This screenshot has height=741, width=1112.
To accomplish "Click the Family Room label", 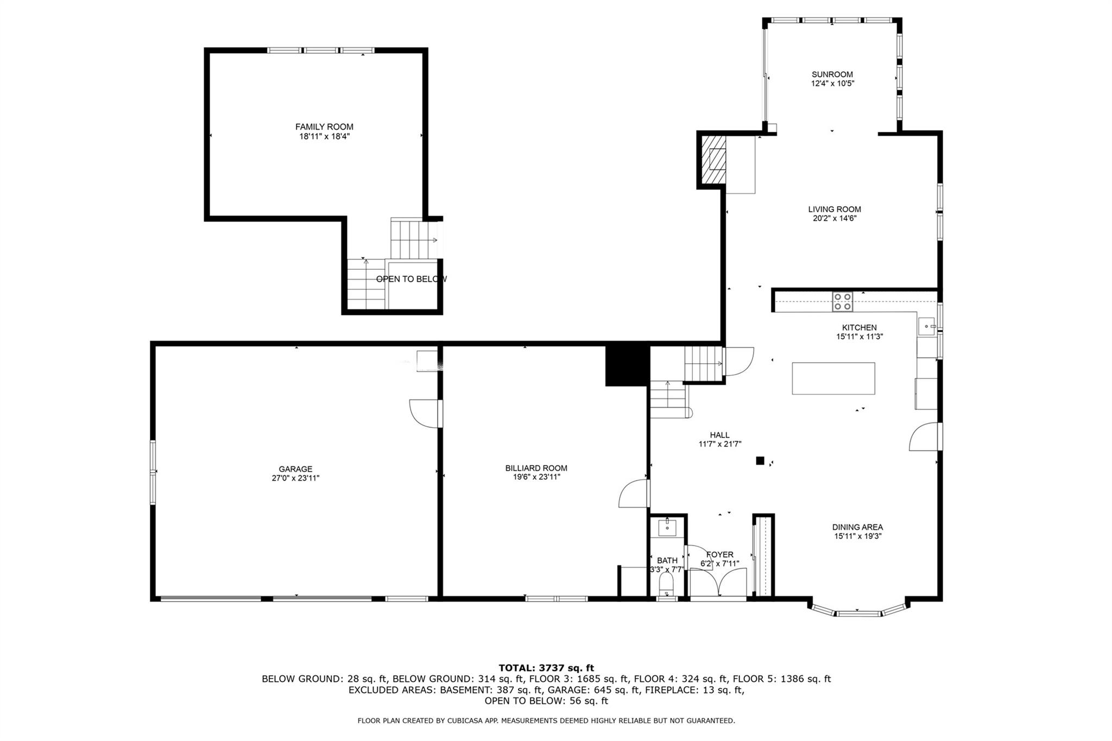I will (x=324, y=126).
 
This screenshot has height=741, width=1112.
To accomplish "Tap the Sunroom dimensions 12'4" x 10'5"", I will (x=832, y=84).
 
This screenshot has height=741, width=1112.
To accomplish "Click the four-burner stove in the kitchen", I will (x=843, y=301).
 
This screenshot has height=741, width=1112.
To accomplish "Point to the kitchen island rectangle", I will (x=833, y=378).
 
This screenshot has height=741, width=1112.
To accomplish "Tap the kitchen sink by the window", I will (x=926, y=327).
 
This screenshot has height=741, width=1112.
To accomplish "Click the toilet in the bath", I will (x=666, y=585).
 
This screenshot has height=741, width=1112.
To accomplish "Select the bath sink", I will (x=667, y=527).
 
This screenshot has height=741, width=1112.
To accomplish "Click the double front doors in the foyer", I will (x=718, y=583).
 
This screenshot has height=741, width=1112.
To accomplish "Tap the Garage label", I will (x=295, y=469).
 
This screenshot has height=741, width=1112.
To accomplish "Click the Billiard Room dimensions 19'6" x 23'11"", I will (x=536, y=477).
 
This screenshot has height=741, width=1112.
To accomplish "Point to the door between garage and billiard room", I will (x=425, y=414).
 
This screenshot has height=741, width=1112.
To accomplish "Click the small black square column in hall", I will (x=760, y=461).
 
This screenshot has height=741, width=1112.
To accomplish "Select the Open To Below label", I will (x=411, y=279).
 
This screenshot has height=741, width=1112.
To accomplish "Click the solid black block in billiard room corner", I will (x=627, y=366).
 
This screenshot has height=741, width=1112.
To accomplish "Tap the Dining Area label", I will (x=857, y=527).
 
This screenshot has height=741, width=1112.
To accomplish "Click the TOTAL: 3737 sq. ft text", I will (x=546, y=668).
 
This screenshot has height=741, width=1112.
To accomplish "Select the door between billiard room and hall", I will (x=634, y=493).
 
